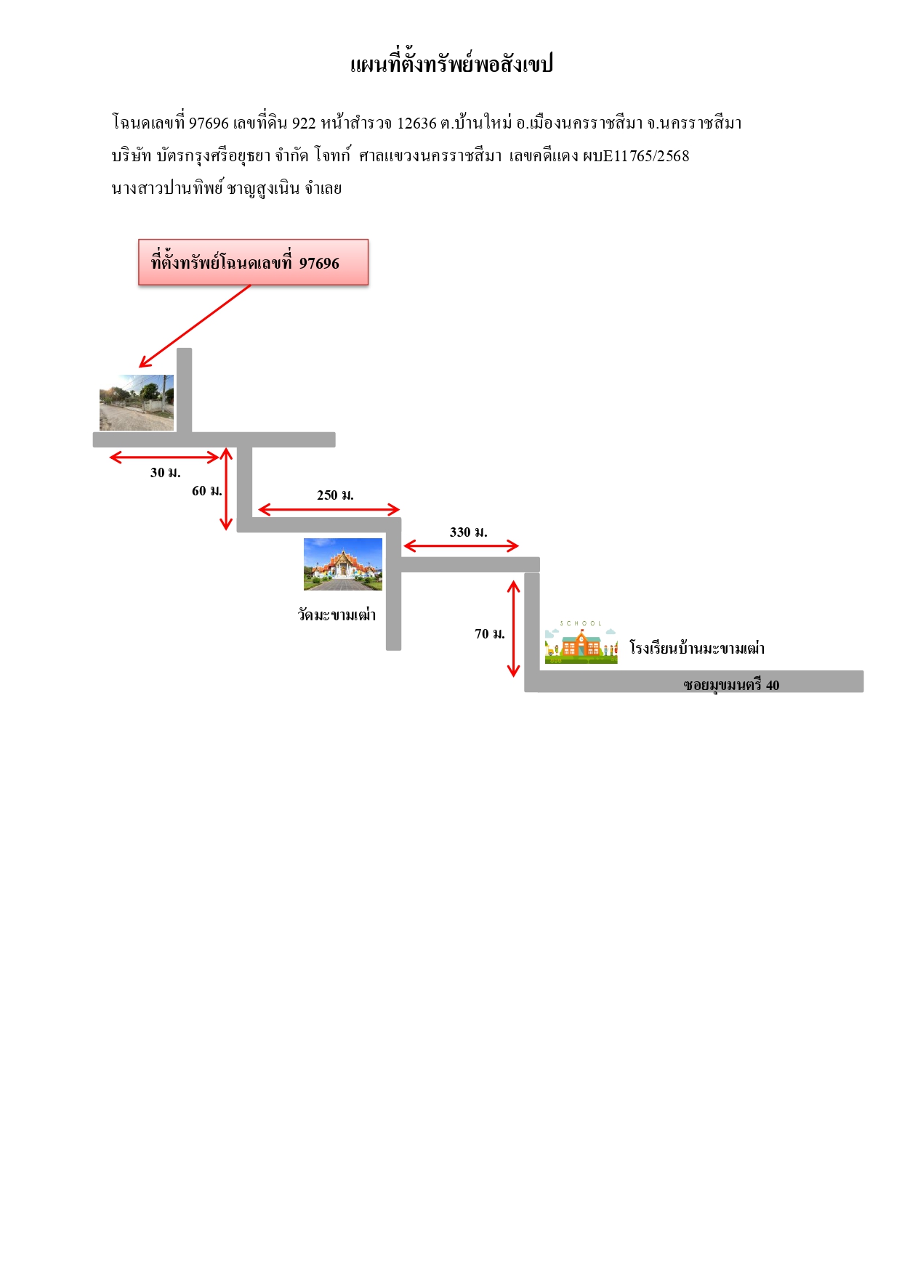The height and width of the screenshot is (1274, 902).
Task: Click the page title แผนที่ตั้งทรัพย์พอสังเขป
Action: click(451, 64)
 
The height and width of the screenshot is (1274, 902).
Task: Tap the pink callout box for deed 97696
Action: click(254, 262)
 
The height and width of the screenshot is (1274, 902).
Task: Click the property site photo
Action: click(137, 402)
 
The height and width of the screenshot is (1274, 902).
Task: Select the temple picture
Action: click(343, 564)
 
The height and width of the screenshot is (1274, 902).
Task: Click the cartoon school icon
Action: click(581, 642)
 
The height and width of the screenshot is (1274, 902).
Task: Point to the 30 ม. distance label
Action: click(166, 473)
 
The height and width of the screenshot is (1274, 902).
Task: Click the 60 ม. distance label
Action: click(207, 491)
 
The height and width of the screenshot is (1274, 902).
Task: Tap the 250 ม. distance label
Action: click(335, 495)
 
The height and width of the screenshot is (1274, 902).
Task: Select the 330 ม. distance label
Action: click(469, 532)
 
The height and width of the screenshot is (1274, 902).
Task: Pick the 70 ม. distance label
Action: click(490, 634)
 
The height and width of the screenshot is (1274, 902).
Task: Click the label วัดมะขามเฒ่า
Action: click(337, 615)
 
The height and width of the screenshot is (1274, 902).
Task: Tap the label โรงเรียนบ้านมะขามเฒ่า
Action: click(697, 648)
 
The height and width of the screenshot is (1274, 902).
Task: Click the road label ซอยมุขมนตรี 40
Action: click(731, 685)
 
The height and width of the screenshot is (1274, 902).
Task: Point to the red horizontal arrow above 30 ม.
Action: click(164, 457)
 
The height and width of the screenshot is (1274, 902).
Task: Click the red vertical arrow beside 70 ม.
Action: click(514, 628)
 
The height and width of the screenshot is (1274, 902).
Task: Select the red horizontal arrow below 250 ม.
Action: click(329, 509)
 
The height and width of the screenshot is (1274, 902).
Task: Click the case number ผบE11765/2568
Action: click(636, 156)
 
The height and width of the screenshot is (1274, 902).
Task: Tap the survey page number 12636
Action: click(416, 123)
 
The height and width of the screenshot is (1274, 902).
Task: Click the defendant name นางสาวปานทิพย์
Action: click(167, 189)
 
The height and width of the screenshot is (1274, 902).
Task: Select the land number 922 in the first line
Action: click(304, 123)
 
